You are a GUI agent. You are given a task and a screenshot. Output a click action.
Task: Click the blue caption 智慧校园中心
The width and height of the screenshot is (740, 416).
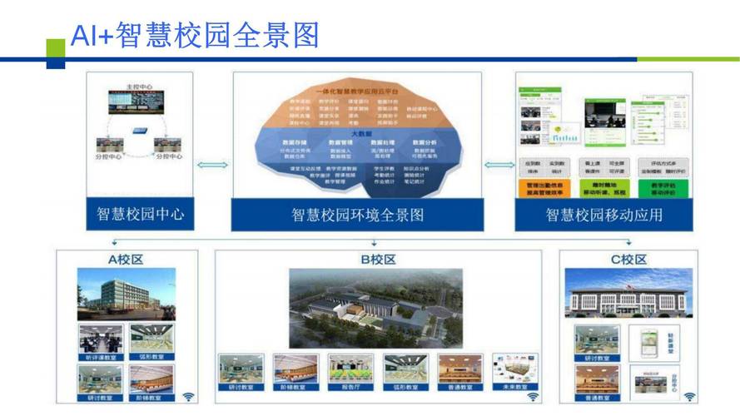pos(140,215)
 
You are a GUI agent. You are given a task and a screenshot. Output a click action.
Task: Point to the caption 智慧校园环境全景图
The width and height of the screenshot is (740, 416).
pos(357,215)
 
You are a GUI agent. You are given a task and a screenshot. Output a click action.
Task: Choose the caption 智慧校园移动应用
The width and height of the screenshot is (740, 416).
pos(603,215)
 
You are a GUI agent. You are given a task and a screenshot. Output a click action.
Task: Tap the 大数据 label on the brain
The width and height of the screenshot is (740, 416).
pos(359,134)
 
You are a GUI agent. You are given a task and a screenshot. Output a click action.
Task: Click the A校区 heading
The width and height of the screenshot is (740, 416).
pos(126,260)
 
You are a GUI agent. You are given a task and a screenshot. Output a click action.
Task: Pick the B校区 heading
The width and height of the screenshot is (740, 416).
pos(377,260)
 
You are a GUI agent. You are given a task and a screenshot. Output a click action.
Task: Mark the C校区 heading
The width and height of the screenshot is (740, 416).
pos(628,260)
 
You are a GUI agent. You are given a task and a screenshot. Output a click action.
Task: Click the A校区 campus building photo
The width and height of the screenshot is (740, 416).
pos(127,294)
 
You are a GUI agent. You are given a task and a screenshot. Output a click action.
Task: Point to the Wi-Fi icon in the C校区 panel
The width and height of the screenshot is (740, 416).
pos(689,397)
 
